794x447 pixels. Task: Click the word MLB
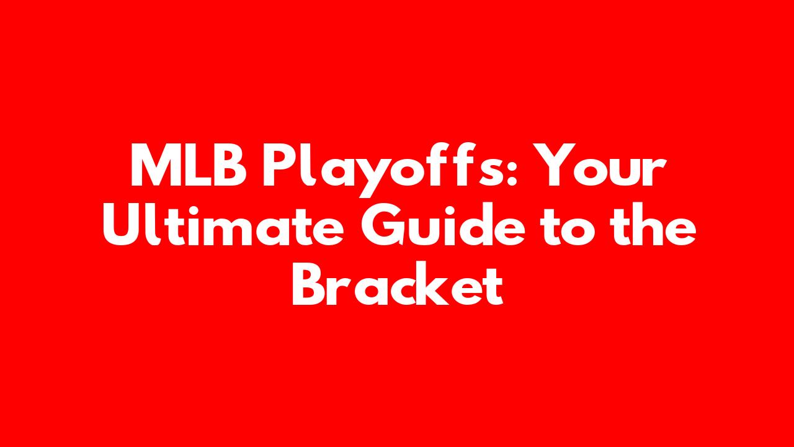tap(189, 165)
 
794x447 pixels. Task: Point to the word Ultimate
tap(223, 223)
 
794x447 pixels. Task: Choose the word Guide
tap(443, 223)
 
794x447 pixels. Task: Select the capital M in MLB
tap(155, 165)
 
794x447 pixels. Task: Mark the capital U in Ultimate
tap(122, 224)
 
